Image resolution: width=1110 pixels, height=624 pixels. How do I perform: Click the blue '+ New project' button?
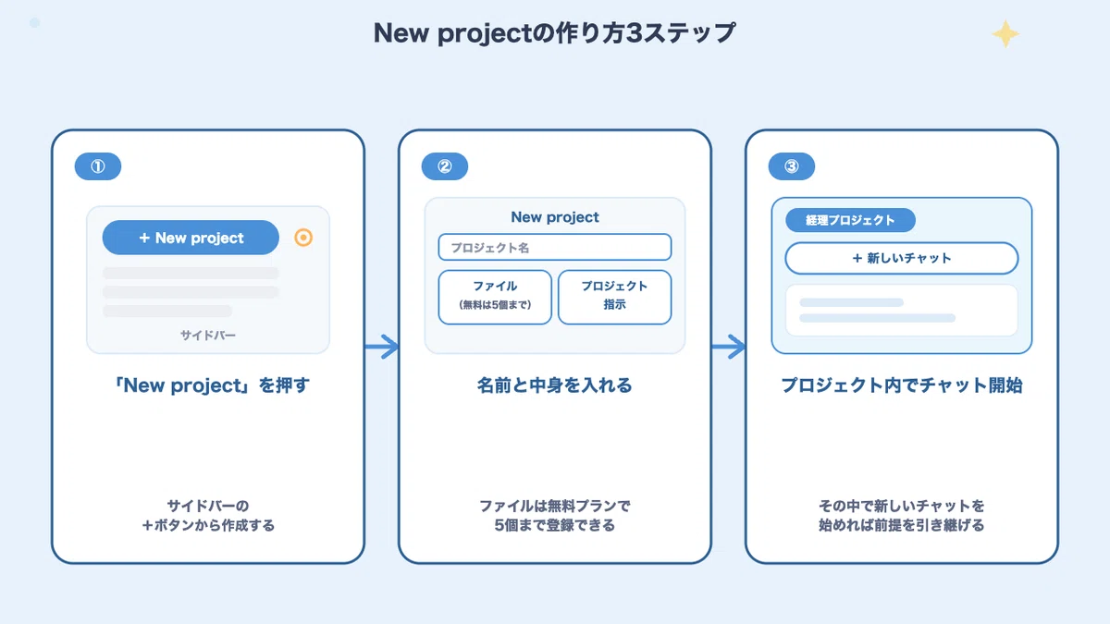[191, 238]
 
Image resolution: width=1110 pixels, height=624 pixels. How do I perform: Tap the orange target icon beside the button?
[303, 238]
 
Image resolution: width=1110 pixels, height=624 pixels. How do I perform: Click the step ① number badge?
[98, 166]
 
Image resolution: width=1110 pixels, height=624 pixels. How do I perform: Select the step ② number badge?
[445, 166]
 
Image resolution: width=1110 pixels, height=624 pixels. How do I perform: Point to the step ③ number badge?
[792, 166]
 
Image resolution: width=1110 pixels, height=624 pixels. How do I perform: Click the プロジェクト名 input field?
[555, 247]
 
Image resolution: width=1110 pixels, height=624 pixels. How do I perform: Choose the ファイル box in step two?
[495, 297]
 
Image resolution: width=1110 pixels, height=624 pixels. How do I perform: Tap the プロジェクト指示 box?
[615, 297]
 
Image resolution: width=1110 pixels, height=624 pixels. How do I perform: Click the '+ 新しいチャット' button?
[902, 258]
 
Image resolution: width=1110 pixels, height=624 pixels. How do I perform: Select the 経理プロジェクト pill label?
[850, 220]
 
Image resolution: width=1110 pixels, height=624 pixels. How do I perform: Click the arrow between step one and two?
[381, 346]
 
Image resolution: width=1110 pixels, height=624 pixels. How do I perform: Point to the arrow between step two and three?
[729, 346]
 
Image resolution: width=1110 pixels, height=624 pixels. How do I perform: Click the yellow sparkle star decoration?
[1005, 33]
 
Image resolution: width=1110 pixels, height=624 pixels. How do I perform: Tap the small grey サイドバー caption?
[208, 336]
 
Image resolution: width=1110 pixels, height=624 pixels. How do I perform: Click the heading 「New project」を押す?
[212, 385]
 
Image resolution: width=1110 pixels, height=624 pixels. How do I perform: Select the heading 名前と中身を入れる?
[555, 385]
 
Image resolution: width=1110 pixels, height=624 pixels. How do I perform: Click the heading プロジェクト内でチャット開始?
[902, 385]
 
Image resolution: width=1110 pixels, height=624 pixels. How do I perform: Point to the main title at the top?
[554, 33]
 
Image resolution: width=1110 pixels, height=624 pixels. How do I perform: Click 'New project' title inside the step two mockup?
[555, 217]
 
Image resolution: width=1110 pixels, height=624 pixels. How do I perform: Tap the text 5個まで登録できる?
[555, 525]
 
